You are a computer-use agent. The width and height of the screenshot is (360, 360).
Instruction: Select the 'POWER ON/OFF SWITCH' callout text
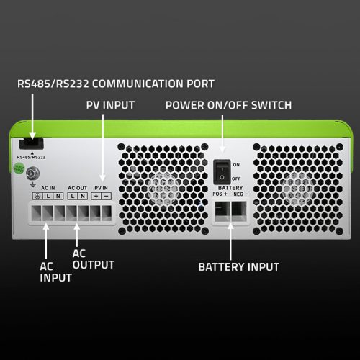[228, 105]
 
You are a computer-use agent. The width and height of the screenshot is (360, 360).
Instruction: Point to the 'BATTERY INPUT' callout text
[238, 266]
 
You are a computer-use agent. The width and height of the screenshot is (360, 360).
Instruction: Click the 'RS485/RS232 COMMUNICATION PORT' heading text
[115, 84]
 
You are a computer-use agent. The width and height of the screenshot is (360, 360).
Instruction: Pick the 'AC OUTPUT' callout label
[94, 259]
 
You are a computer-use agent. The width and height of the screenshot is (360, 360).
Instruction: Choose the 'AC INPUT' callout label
[55, 271]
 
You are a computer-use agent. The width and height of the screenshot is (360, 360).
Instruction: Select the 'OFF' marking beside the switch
[236, 176]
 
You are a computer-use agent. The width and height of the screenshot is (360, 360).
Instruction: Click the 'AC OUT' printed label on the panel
[77, 187]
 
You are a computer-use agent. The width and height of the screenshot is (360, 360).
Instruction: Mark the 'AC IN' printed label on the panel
[49, 187]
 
